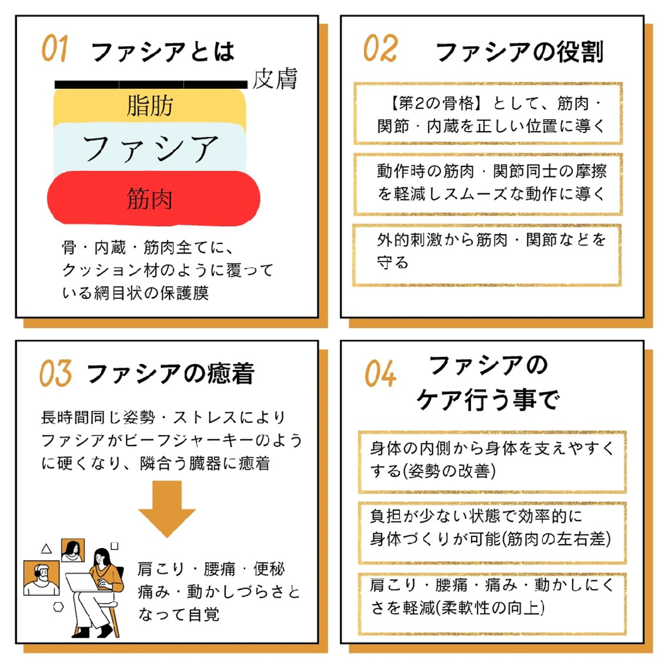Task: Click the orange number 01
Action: coord(55,48)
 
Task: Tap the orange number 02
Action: coord(380,48)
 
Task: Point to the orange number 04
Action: coord(380,373)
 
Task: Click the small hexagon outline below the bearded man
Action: coord(58,607)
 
